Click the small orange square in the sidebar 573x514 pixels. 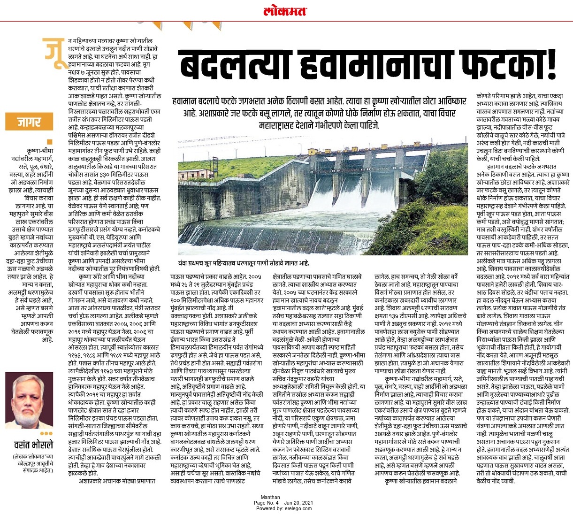(50, 141)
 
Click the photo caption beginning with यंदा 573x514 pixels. (243, 263)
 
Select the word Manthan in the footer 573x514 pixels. (270, 497)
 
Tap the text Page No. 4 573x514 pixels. (267, 503)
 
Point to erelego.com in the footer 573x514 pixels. (296, 508)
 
